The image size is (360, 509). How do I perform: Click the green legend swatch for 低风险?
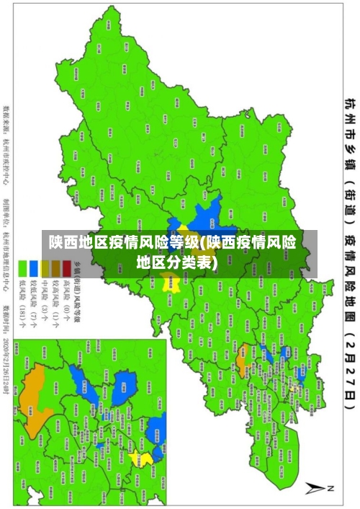tap(23, 268)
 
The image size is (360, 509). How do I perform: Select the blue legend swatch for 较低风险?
tap(34, 268)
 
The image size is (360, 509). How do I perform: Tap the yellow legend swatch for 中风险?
tap(45, 268)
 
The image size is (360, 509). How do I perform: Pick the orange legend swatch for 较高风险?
tap(55, 268)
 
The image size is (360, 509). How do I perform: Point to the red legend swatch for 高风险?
tap(66, 268)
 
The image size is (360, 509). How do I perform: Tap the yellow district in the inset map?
tap(145, 459)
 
